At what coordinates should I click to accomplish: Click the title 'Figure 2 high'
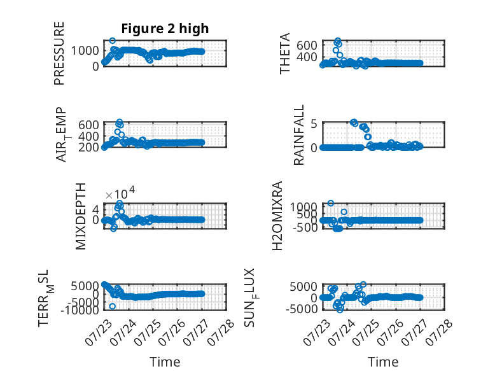point(165,29)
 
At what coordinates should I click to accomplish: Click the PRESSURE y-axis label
point(59,53)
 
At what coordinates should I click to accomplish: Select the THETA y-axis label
point(284,53)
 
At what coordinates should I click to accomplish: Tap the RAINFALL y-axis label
point(298,135)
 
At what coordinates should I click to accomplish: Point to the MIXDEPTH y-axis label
point(81,216)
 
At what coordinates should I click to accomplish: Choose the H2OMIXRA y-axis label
point(277,216)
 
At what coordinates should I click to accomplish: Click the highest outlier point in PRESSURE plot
point(112,41)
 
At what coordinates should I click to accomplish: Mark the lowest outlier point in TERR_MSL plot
point(112,306)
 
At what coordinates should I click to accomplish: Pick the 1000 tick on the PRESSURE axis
point(85,50)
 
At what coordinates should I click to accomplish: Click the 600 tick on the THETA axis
point(307,45)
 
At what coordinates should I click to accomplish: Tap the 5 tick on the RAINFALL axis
point(314,123)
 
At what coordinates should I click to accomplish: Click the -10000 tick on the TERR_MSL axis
point(80,310)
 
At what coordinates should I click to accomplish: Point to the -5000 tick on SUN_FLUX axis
point(302,309)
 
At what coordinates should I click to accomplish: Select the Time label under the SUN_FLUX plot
point(383,362)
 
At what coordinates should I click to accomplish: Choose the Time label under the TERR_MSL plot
point(165,362)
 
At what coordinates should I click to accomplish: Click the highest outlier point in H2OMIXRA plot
point(330,203)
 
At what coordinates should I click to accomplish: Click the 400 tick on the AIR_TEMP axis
point(88,136)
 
